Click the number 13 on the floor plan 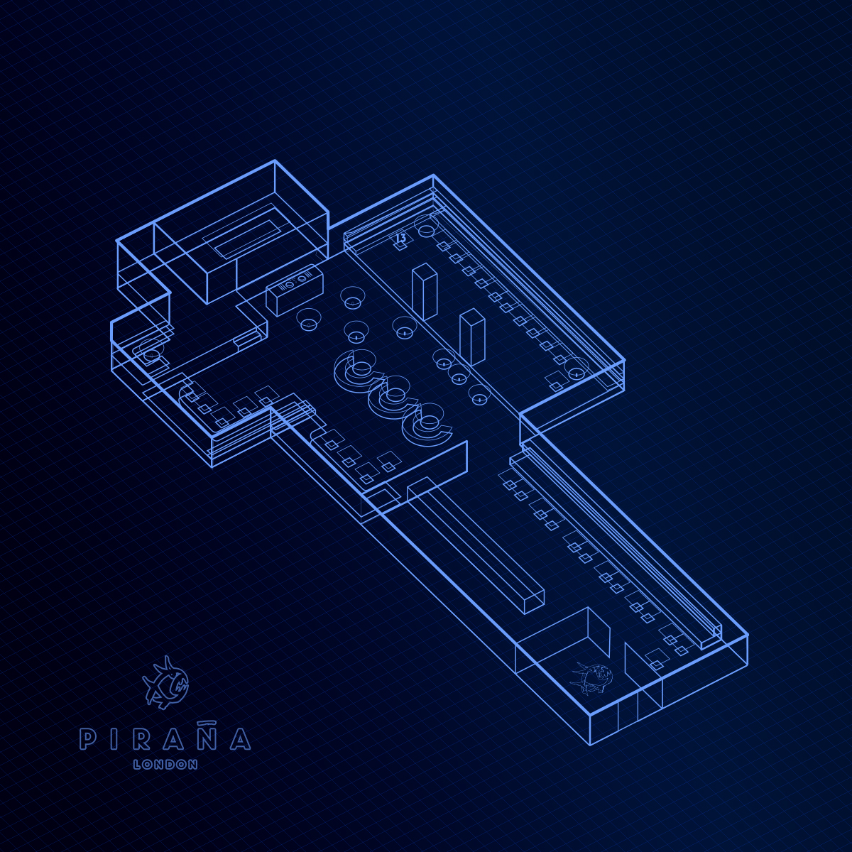[400, 239]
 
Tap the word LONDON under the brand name [165, 765]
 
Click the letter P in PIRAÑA [86, 740]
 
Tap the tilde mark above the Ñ [207, 721]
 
